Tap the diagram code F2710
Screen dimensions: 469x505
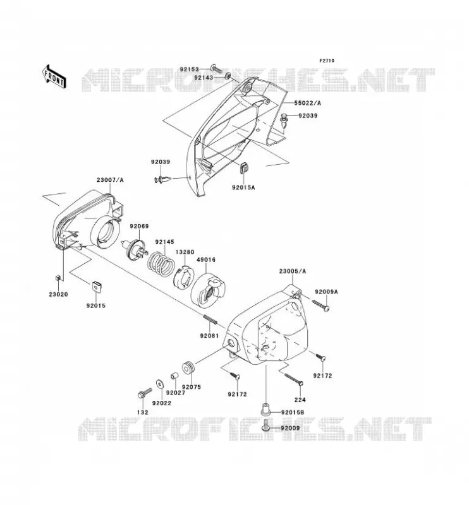click(x=327, y=61)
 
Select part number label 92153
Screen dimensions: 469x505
click(x=190, y=69)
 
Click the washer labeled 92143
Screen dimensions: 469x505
click(x=228, y=76)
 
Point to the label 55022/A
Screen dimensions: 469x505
click(x=307, y=103)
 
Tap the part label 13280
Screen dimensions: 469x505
click(x=185, y=252)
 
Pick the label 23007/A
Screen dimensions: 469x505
click(x=110, y=180)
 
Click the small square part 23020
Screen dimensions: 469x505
click(x=58, y=278)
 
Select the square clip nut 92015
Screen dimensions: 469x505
click(x=96, y=286)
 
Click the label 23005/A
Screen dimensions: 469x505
click(x=292, y=271)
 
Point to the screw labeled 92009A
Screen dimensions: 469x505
click(x=321, y=305)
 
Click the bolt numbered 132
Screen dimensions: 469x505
click(x=144, y=393)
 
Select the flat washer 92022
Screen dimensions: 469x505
click(x=160, y=384)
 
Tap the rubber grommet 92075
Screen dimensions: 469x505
click(x=188, y=368)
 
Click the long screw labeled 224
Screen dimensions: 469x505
click(x=294, y=379)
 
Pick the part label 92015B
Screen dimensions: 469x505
click(x=293, y=412)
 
